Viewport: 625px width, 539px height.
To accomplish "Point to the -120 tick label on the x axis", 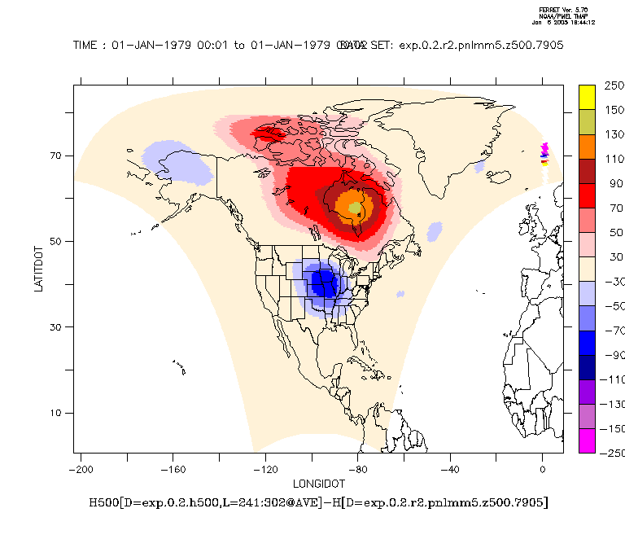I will (265, 469).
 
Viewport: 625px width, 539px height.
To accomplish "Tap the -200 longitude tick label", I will (81, 469).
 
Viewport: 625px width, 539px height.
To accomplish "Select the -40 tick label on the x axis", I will (450, 469).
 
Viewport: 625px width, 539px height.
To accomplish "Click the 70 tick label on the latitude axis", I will (58, 156).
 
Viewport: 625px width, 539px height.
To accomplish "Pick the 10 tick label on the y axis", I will (58, 413).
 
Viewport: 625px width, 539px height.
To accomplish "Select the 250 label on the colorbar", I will (613, 85).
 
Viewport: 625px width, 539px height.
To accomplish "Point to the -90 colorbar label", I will (613, 355).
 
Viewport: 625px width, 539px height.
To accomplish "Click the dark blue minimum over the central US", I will (326, 284).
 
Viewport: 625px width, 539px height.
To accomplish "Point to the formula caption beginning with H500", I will (318, 502).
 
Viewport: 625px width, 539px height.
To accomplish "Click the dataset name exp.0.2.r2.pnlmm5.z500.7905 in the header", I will (480, 46).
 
